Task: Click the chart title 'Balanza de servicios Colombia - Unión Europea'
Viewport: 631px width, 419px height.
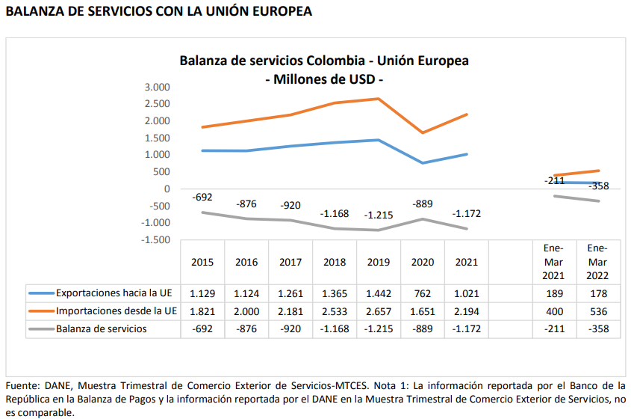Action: tap(324, 61)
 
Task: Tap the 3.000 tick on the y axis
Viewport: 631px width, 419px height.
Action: tap(158, 87)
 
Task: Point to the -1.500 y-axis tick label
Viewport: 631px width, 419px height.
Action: tap(155, 239)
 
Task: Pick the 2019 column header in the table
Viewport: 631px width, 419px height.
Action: tap(379, 263)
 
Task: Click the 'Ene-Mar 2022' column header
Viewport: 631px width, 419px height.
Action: tap(597, 262)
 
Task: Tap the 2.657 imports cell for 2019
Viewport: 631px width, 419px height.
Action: tap(379, 311)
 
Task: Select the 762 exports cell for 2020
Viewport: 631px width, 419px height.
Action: tap(423, 293)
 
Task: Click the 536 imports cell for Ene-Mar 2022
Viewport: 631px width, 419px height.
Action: tap(597, 311)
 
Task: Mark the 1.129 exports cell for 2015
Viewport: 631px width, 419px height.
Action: tap(202, 293)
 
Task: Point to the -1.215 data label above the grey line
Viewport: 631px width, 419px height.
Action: tap(379, 215)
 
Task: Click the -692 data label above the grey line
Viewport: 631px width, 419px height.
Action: tap(202, 197)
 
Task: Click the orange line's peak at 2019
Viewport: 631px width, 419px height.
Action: tap(379, 99)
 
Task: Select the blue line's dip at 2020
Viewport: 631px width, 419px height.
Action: tap(423, 163)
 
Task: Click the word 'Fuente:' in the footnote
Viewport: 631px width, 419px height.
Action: tap(23, 386)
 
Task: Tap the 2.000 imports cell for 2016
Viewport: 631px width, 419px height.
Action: tap(246, 311)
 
